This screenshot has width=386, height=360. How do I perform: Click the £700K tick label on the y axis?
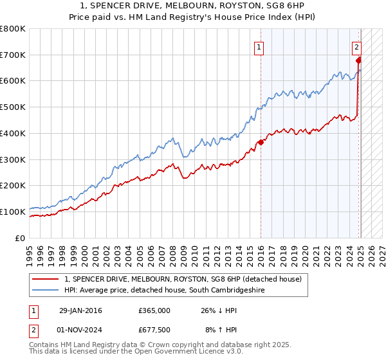[13, 55]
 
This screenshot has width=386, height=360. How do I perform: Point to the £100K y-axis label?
[13, 212]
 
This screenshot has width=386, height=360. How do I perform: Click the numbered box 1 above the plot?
[259, 46]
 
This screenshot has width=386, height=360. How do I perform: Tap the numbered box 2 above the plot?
[356, 46]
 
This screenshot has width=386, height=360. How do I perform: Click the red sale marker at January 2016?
[261, 143]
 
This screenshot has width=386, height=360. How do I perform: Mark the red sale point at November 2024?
[358, 60]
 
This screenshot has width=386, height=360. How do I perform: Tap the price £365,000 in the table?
[154, 310]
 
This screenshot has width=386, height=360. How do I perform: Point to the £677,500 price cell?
[154, 331]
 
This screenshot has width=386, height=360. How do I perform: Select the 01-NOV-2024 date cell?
[81, 331]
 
